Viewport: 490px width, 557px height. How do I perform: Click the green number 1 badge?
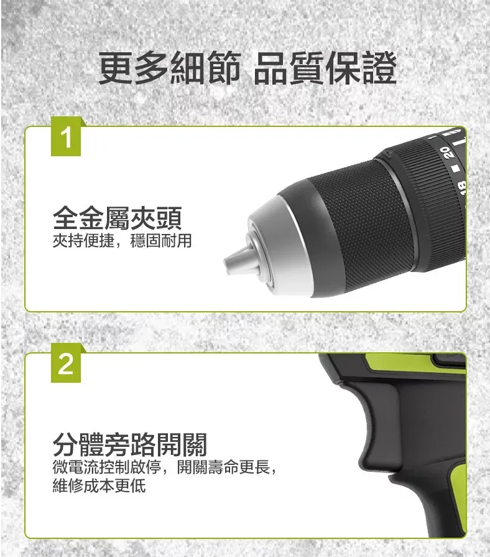pos(66,137)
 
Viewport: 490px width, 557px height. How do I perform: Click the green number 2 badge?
pos(66,363)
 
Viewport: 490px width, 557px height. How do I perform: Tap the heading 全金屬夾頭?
pos(118,218)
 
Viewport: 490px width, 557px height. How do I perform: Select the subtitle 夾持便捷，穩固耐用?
pos(122,240)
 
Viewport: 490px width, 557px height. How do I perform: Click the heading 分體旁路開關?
pos(130,444)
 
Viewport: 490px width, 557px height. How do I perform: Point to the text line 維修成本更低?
pos(99,485)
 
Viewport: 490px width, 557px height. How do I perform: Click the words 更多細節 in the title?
pos(170,68)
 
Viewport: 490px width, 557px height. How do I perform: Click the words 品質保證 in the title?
pos(325,68)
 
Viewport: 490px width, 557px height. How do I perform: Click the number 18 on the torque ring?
pos(461,187)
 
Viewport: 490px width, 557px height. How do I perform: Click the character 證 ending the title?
pos(379,68)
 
